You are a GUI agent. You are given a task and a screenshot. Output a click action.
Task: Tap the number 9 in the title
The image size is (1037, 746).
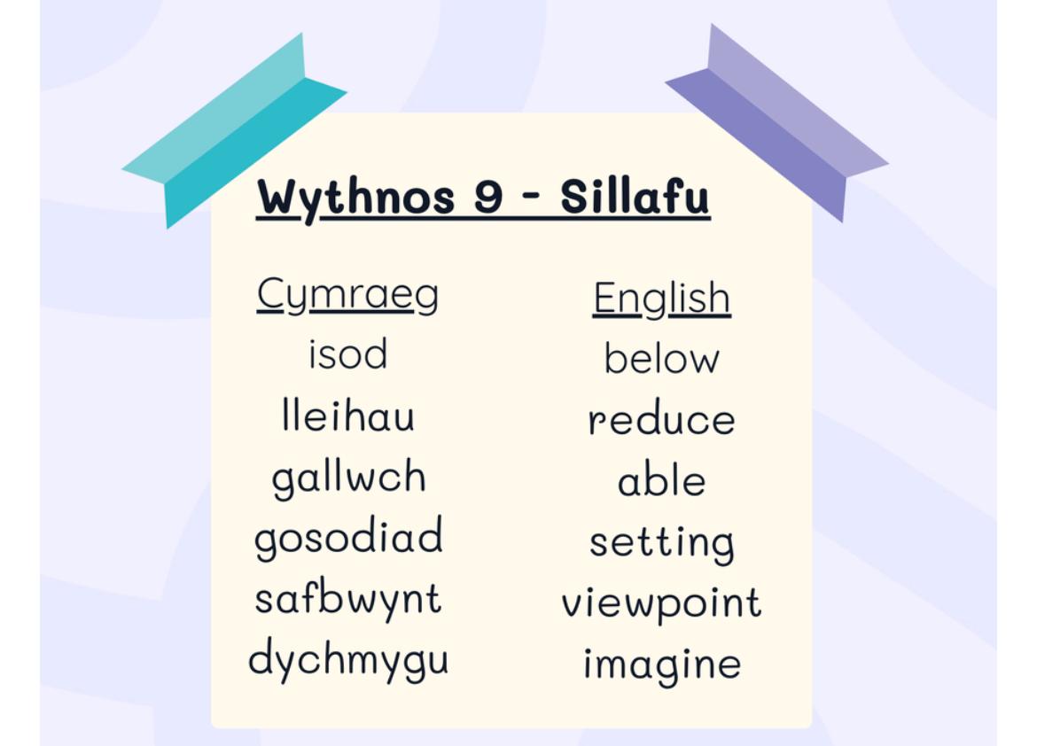click(x=488, y=197)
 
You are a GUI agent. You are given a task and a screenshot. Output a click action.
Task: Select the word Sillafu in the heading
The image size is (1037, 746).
click(x=635, y=196)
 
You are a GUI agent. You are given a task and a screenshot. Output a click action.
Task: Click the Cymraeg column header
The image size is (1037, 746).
click(x=347, y=295)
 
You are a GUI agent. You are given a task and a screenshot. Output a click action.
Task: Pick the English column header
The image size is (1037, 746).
click(x=661, y=299)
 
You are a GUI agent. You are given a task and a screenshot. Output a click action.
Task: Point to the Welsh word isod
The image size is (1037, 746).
click(x=347, y=354)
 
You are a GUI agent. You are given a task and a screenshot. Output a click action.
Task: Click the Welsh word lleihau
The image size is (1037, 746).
click(x=347, y=415)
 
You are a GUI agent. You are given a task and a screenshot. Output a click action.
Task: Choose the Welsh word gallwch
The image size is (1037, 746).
click(x=348, y=478)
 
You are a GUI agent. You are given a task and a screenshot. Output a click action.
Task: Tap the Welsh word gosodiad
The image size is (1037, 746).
click(x=348, y=538)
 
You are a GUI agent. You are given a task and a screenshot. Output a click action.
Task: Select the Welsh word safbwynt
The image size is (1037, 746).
click(x=347, y=599)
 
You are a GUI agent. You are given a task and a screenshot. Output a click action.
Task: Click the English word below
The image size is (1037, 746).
click(x=661, y=358)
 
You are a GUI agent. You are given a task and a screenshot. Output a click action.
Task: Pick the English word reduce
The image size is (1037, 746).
click(x=661, y=419)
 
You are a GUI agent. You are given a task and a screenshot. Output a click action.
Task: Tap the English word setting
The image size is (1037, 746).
click(x=661, y=544)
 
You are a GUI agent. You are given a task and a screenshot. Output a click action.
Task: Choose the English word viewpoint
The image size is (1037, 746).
click(x=661, y=603)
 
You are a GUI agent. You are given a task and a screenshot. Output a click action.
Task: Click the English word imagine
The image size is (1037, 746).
click(x=661, y=664)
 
